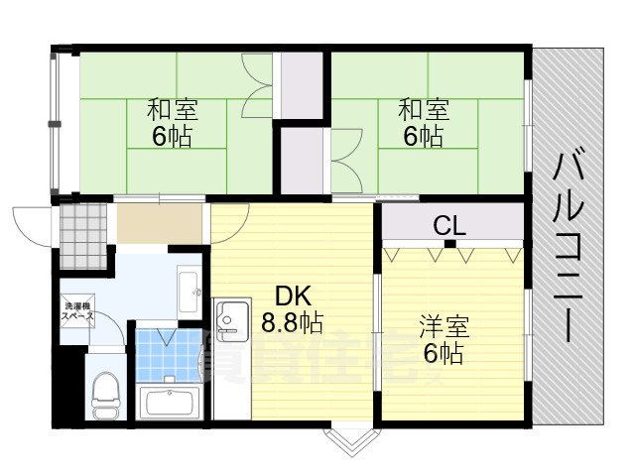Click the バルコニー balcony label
567,244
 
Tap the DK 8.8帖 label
292,308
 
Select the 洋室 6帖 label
443,338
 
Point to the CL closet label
448,225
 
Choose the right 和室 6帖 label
423,122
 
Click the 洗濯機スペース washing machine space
77,313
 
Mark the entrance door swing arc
30,223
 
